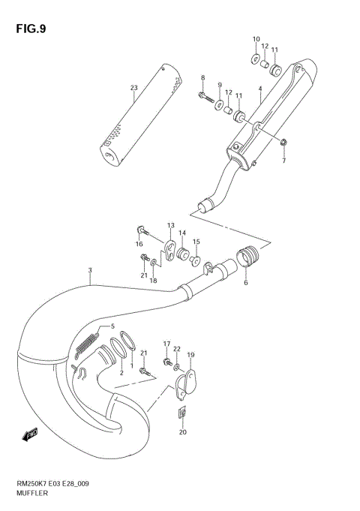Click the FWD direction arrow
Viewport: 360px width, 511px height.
pos(30,434)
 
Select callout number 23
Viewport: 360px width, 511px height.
pos(133,88)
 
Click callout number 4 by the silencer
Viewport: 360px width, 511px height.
pos(259,89)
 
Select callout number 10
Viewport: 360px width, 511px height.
pos(256,38)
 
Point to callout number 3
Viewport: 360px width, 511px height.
pos(89,270)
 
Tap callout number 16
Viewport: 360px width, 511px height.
pos(139,244)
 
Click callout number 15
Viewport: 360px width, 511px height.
pos(196,242)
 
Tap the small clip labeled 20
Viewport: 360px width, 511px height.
pos(182,413)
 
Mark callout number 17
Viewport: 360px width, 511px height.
pos(167,343)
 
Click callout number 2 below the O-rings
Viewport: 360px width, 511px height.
pos(120,372)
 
